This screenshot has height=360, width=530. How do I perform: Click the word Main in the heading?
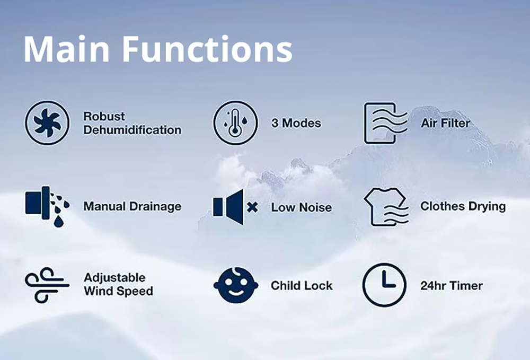67,49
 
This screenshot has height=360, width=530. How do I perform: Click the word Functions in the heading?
207,49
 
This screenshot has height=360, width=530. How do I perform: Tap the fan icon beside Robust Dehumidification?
47,122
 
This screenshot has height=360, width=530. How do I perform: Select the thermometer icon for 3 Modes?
235,122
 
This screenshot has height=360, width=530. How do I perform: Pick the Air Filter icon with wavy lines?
385,123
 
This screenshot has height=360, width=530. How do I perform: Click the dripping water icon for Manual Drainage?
47,206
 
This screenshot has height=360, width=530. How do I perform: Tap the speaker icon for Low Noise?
228,207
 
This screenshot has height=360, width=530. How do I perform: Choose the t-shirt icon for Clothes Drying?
386,207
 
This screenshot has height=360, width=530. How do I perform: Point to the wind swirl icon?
47,285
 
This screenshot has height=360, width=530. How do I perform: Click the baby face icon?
236,285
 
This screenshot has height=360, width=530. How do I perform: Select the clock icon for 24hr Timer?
384,285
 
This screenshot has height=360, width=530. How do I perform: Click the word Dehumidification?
132,130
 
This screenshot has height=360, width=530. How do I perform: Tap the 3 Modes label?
296,123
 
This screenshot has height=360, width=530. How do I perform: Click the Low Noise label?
301,207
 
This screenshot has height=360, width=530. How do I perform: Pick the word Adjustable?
114,278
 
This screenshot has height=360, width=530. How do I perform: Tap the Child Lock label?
302,286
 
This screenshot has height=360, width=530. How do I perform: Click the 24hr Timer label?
452,286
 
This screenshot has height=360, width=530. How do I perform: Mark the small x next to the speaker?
252,207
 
